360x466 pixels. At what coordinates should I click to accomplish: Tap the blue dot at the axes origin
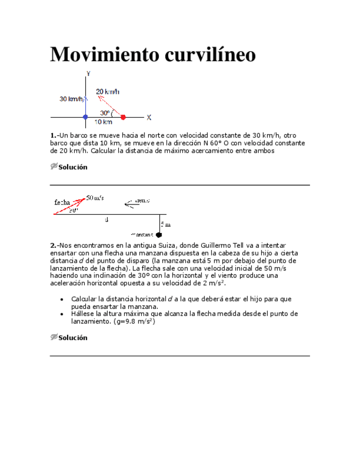click(85, 117)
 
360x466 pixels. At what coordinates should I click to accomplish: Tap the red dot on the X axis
click(123, 117)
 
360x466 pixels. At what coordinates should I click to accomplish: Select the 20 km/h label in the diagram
click(108, 92)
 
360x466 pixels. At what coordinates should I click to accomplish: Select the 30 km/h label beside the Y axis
click(71, 99)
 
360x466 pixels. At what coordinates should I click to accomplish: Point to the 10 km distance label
click(104, 122)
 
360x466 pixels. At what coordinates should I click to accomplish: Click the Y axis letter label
click(88, 73)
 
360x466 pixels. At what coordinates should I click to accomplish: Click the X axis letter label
click(148, 117)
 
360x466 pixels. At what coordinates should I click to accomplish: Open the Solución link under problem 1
click(73, 167)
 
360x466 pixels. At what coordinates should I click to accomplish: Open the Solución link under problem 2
click(73, 337)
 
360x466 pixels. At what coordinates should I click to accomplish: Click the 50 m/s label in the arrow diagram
click(95, 198)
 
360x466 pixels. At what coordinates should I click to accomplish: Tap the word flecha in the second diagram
click(62, 202)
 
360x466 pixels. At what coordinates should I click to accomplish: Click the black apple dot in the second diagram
click(159, 235)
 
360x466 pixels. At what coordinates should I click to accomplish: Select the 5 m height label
click(165, 224)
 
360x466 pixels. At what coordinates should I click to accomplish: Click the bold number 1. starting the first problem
click(53, 135)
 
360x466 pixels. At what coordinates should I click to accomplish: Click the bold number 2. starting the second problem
click(53, 245)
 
